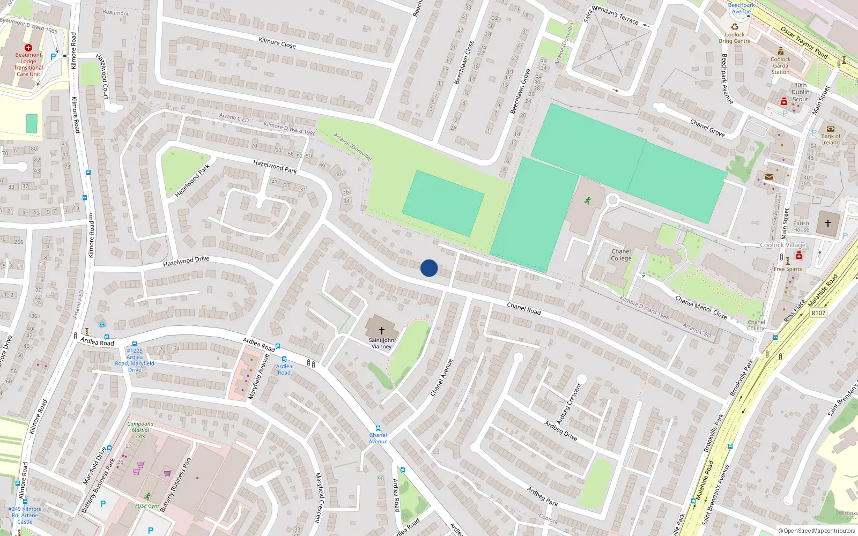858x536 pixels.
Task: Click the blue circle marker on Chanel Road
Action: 429,268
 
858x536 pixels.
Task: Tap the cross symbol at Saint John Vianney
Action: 382,331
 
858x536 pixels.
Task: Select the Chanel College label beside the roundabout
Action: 621,255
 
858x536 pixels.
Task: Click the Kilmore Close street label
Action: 277,42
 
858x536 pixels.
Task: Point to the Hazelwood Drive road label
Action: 186,262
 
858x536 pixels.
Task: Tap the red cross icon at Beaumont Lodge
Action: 28,48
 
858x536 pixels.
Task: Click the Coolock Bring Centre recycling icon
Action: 735,27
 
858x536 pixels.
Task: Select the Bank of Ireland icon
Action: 831,129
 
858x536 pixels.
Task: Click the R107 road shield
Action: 818,313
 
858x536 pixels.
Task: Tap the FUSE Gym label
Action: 146,505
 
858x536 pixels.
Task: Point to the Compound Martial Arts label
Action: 140,430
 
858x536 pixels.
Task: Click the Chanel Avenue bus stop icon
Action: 378,428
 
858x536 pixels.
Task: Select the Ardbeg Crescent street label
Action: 569,404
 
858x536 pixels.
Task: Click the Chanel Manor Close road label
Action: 701,307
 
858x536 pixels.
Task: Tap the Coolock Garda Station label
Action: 780,66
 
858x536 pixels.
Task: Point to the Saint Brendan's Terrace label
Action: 611,15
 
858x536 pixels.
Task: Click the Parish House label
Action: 801,226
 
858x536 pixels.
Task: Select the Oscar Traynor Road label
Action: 804,42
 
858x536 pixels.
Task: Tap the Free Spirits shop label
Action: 788,269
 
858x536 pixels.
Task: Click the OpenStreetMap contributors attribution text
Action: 819,531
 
